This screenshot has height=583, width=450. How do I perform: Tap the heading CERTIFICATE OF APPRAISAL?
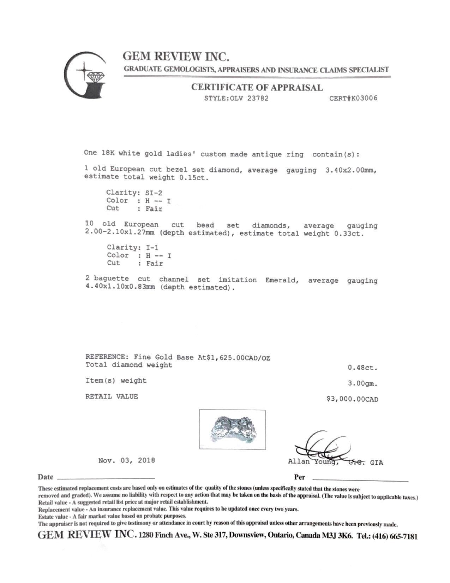[x=257, y=88]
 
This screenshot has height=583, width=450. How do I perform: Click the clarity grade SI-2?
[x=154, y=193]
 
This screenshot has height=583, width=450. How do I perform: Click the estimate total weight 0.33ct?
[x=348, y=234]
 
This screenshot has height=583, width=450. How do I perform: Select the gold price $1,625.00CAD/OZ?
[x=235, y=358]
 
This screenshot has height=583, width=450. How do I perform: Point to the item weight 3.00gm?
[x=362, y=383]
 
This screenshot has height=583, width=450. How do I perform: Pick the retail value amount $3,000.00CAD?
[x=353, y=399]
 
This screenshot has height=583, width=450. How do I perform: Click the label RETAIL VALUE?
[x=112, y=396]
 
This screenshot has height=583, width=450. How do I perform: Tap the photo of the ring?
[x=232, y=429]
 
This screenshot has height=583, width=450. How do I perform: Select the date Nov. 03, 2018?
[x=126, y=460]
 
